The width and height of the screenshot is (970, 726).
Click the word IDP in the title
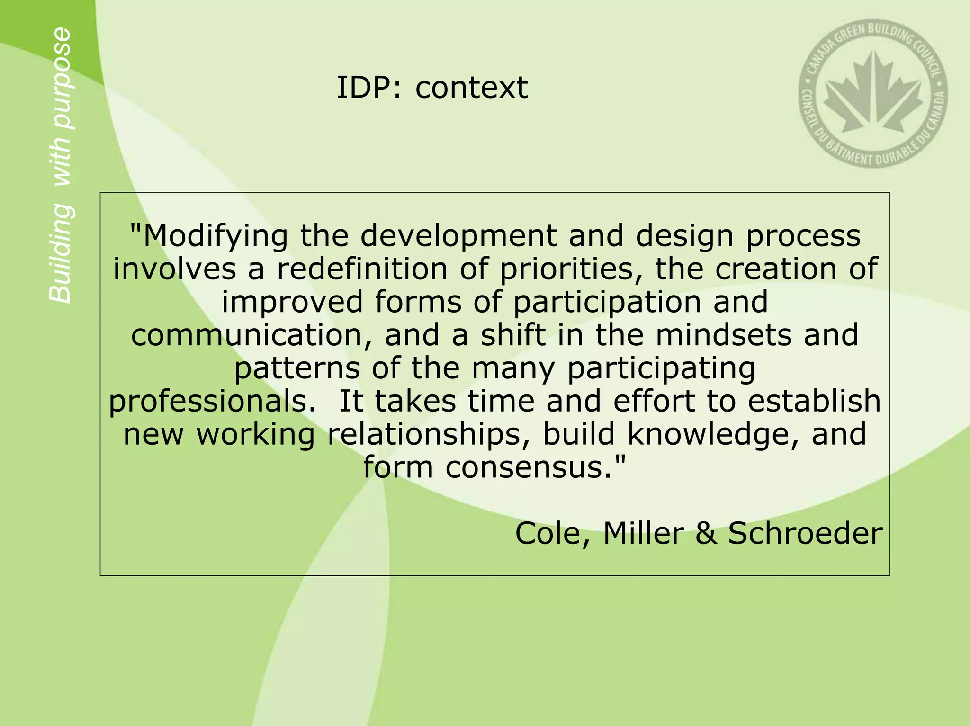(x=364, y=88)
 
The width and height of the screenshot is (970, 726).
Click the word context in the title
(x=471, y=88)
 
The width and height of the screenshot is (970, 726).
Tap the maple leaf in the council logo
(x=873, y=95)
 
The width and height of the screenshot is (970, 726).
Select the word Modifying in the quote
(x=209, y=236)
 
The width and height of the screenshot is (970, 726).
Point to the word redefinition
(x=362, y=269)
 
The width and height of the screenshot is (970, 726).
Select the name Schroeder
(x=805, y=534)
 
